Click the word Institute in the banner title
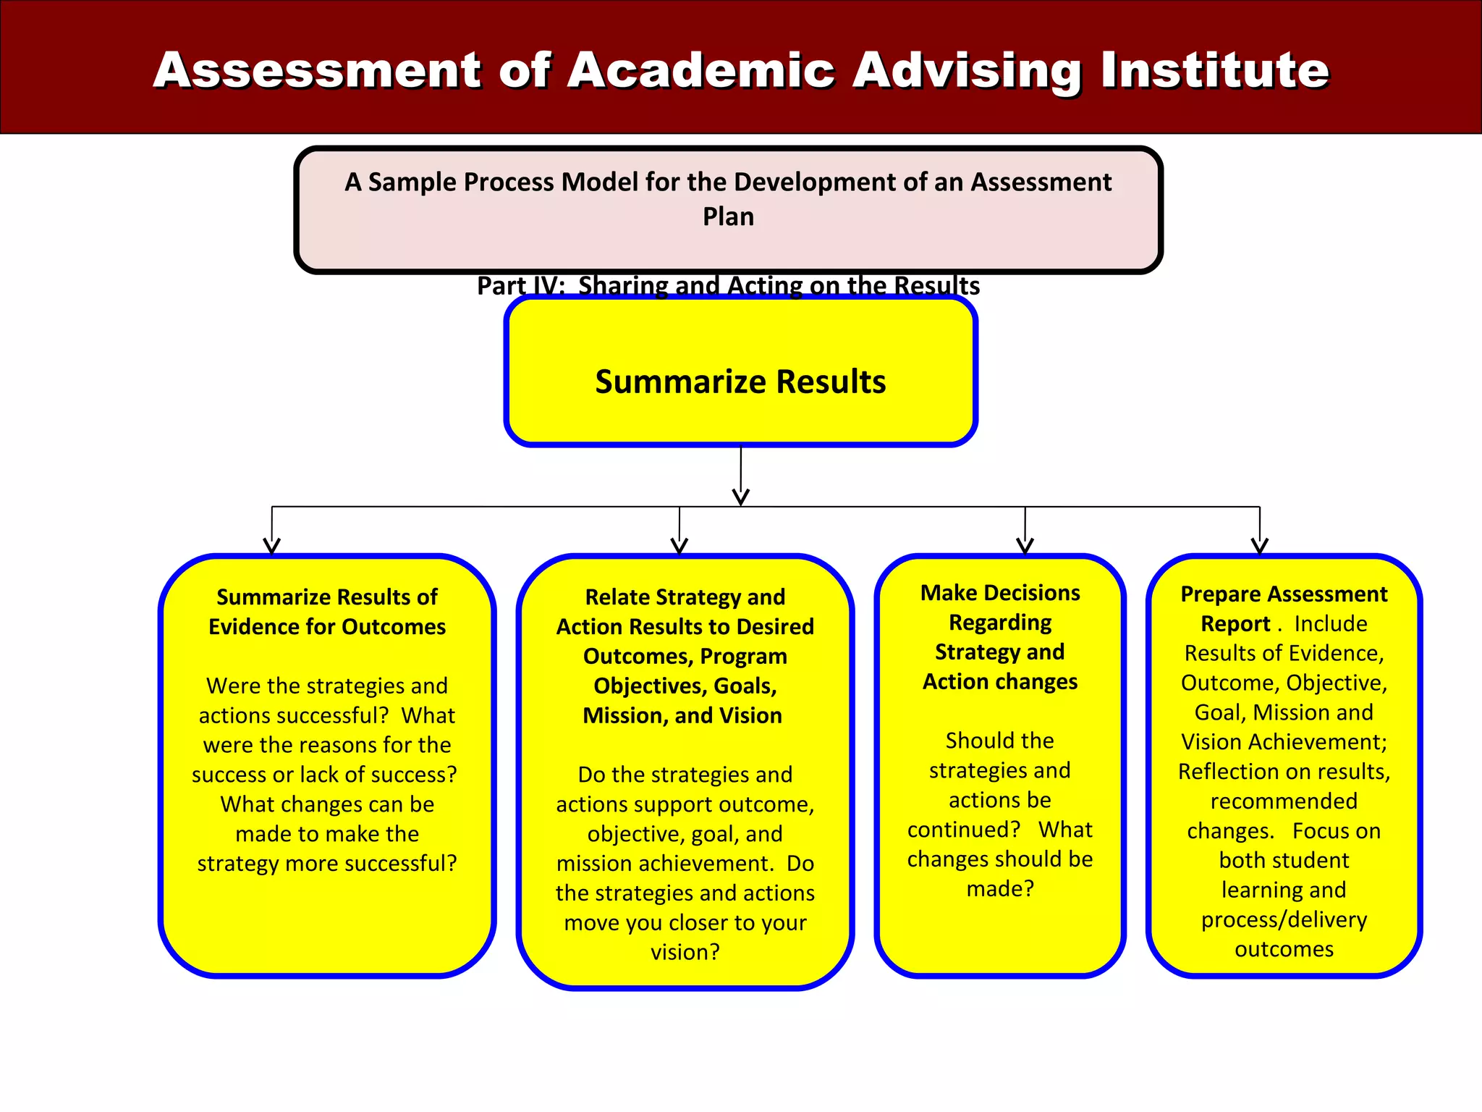pyautogui.click(x=1215, y=70)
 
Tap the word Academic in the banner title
pyautogui.click(x=700, y=70)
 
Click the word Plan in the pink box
pyautogui.click(x=728, y=216)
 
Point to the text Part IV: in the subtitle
pyautogui.click(x=520, y=286)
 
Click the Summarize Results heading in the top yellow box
pyautogui.click(x=740, y=382)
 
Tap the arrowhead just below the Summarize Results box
pyautogui.click(x=740, y=497)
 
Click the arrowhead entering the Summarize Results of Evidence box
pyautogui.click(x=272, y=545)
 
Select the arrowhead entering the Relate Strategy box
pyautogui.click(x=679, y=545)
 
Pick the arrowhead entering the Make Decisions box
pyautogui.click(x=1025, y=545)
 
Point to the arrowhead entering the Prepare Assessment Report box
pyautogui.click(x=1260, y=545)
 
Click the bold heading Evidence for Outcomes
pyautogui.click(x=327, y=626)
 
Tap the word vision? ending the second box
pyautogui.click(x=685, y=952)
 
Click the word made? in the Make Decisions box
pyautogui.click(x=1000, y=888)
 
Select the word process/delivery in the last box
pyautogui.click(x=1284, y=919)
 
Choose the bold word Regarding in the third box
pyautogui.click(x=1000, y=623)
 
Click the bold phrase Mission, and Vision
pyautogui.click(x=682, y=715)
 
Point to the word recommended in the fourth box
pyautogui.click(x=1284, y=801)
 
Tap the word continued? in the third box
pyautogui.click(x=964, y=830)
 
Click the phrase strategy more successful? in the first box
pyautogui.click(x=327, y=864)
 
